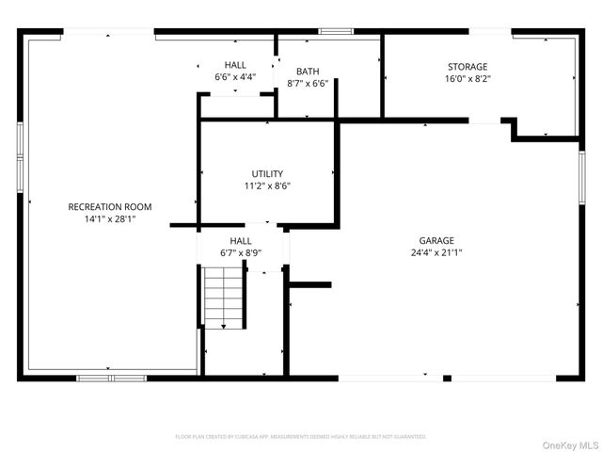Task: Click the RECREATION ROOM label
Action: (x=110, y=206)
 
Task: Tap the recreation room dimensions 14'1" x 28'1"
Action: (x=110, y=218)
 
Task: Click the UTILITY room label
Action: (x=267, y=173)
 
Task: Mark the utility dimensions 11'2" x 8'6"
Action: (x=267, y=186)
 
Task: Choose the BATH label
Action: (x=308, y=72)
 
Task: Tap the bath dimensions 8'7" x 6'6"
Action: (x=308, y=84)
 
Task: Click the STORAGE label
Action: (x=467, y=67)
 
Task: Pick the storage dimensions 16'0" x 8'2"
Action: (x=467, y=79)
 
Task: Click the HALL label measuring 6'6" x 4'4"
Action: (x=235, y=64)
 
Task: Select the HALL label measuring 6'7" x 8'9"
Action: (x=241, y=241)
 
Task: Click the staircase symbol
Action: (x=224, y=297)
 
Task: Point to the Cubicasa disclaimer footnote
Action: (x=301, y=437)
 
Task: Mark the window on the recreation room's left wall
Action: (x=21, y=155)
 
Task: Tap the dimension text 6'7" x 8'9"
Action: (x=241, y=253)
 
